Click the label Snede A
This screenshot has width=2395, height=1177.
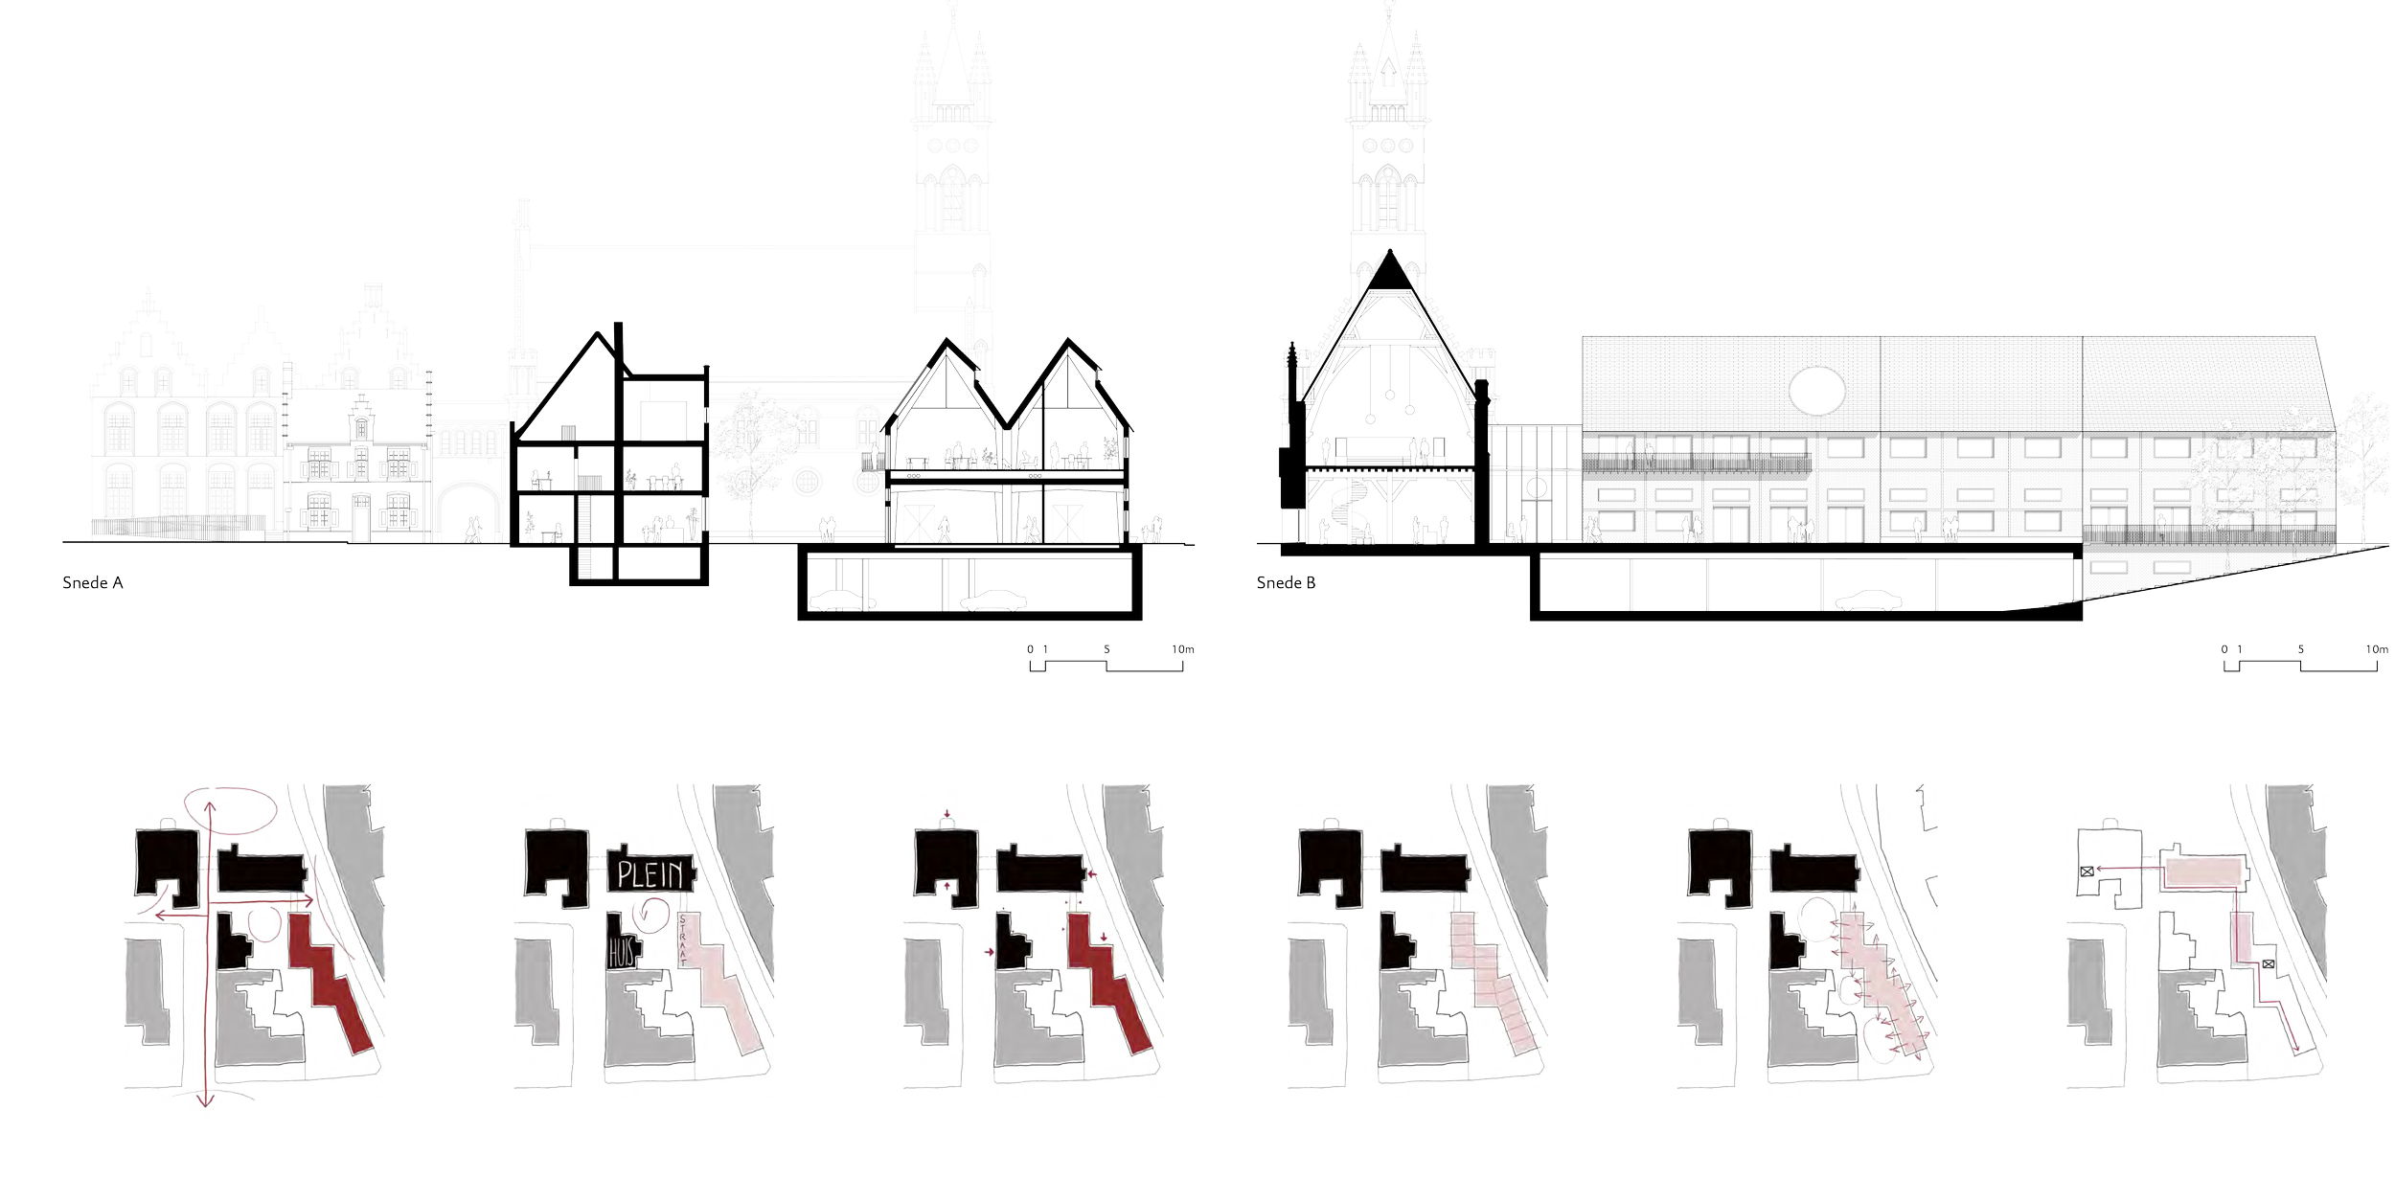coord(92,582)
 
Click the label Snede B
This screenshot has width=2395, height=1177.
coord(1286,582)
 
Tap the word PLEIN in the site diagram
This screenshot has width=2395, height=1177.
coord(650,874)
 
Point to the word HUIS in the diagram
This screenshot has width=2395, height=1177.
coord(622,954)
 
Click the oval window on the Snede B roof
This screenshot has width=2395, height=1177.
coord(1816,391)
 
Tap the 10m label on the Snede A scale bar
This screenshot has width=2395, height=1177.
coord(1182,649)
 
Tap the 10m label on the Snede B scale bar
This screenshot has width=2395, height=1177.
coord(2376,649)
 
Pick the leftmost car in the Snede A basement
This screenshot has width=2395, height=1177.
coord(842,600)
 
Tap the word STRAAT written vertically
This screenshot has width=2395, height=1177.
coord(681,938)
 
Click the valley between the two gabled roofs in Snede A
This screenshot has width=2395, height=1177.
coord(1007,423)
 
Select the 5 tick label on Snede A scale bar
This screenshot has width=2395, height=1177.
coord(1106,649)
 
